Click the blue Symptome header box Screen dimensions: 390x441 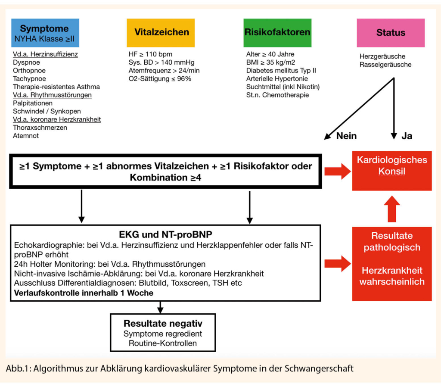(45, 33)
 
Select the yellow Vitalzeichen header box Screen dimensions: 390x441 (161, 33)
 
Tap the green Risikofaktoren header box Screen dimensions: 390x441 (277, 33)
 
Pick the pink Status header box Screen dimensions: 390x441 (391, 33)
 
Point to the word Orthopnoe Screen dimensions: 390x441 (29, 71)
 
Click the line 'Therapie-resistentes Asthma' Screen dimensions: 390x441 (56, 87)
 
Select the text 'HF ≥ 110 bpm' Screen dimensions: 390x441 (150, 54)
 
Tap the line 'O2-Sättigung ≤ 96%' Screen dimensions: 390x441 (160, 79)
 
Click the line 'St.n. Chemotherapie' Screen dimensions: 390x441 (277, 95)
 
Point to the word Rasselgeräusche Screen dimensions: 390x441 (385, 65)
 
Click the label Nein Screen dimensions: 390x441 (346, 136)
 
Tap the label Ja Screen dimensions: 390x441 (407, 136)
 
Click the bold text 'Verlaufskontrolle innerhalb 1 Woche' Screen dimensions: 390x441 (84, 293)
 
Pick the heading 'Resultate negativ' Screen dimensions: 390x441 (163, 323)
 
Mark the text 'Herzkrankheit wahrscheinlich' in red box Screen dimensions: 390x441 (391, 276)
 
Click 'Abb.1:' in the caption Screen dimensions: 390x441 (18, 369)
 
